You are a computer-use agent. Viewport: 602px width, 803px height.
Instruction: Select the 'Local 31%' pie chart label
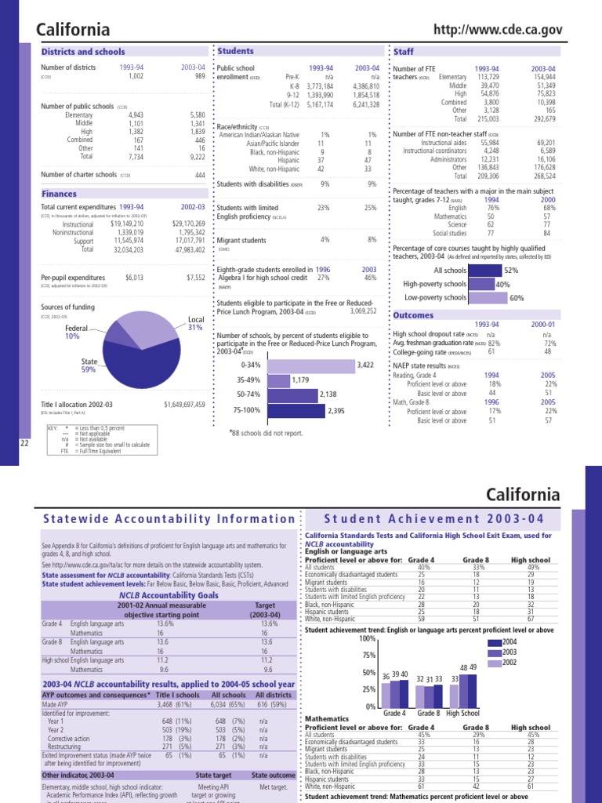point(195,323)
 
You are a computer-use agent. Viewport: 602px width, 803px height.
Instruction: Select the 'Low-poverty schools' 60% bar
point(488,298)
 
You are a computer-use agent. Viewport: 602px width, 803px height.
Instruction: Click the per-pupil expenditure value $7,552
point(195,277)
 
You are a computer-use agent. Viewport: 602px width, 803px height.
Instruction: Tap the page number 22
point(24,444)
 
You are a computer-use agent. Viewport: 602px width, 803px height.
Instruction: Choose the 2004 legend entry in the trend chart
point(517,641)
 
